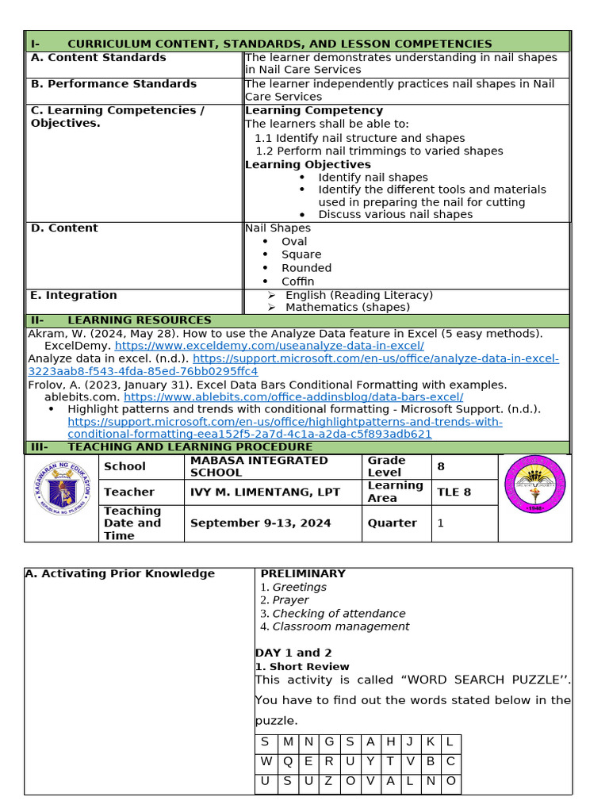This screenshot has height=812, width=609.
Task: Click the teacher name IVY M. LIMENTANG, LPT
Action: (265, 492)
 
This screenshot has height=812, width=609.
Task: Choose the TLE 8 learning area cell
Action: (454, 492)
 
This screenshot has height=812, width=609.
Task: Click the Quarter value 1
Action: (440, 523)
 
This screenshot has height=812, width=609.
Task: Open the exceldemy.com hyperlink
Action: (270, 346)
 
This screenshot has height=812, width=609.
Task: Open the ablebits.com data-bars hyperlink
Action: (293, 396)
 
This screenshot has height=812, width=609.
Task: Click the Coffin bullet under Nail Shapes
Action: (297, 282)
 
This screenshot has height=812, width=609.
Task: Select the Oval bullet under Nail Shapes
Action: (294, 241)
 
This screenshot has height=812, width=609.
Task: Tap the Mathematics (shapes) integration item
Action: (347, 307)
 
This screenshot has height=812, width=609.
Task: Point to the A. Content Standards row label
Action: (98, 57)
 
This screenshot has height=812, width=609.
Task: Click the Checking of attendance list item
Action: (339, 613)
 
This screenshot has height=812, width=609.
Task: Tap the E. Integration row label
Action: (73, 295)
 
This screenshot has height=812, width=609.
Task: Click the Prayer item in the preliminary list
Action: (290, 600)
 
